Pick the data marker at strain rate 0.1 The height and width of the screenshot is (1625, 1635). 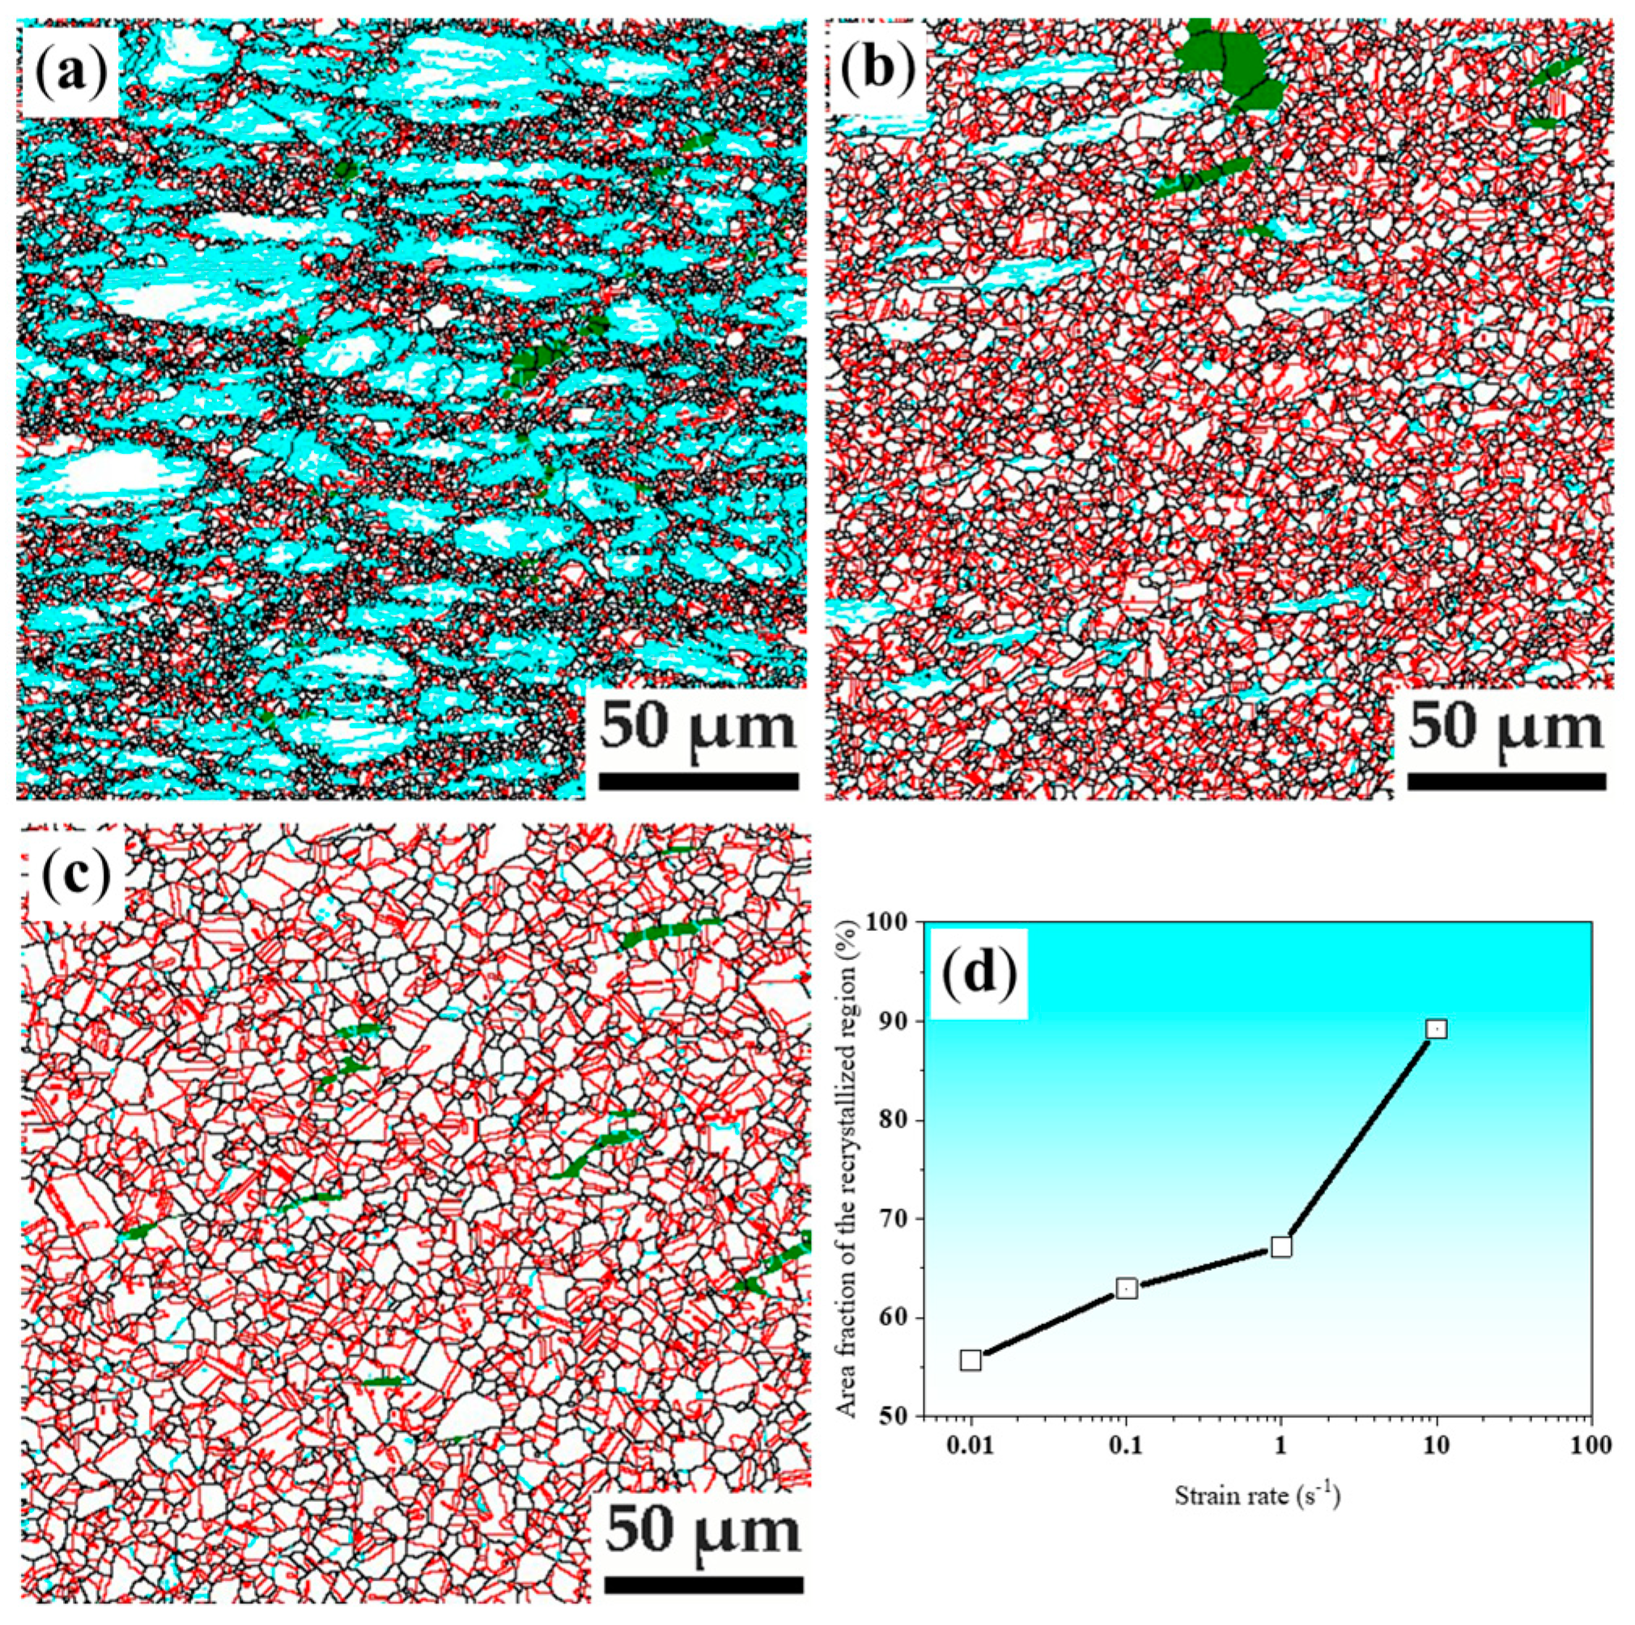pos(1127,1287)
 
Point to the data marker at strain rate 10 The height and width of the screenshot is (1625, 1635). pos(1436,1029)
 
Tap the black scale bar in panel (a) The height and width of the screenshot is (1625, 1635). pos(699,780)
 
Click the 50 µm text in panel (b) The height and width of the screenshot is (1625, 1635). pos(1506,726)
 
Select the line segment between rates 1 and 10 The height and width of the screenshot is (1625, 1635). pos(1358,1138)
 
